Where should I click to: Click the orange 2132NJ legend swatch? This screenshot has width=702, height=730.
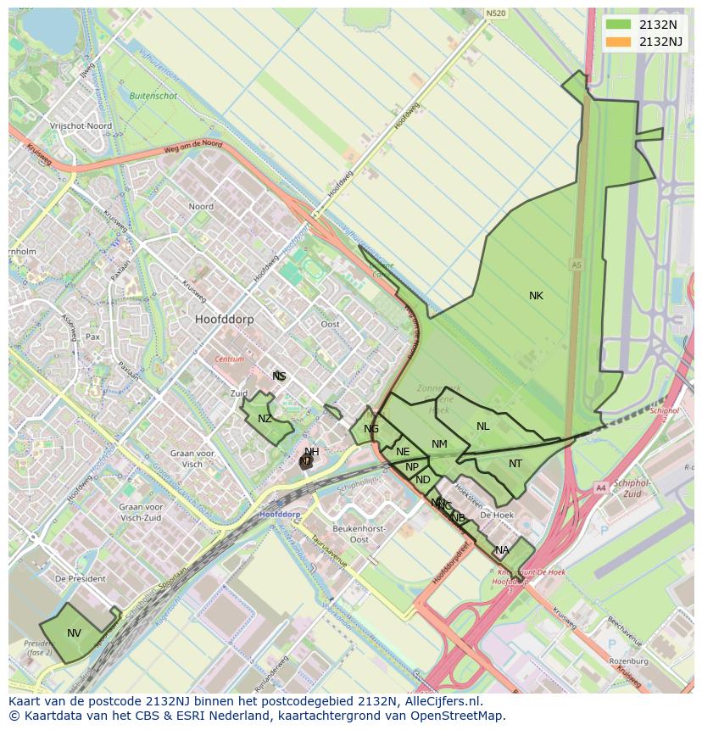tap(619, 42)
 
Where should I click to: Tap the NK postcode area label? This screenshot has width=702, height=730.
tap(536, 296)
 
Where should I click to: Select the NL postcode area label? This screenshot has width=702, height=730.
tap(482, 426)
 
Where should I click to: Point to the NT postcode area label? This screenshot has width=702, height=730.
tap(515, 464)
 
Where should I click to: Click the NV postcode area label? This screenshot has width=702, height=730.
tap(74, 633)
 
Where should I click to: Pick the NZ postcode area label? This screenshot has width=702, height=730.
tap(265, 419)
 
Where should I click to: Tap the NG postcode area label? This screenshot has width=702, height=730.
tap(371, 429)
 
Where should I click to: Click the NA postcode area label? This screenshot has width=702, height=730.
tap(502, 550)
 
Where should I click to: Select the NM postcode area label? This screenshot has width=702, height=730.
tap(439, 444)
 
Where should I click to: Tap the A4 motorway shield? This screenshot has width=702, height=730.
tap(600, 488)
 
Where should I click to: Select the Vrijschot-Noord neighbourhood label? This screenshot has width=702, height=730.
tap(81, 125)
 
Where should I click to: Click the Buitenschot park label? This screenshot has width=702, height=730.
tap(153, 96)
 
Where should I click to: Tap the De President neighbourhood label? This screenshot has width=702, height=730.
tap(81, 578)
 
